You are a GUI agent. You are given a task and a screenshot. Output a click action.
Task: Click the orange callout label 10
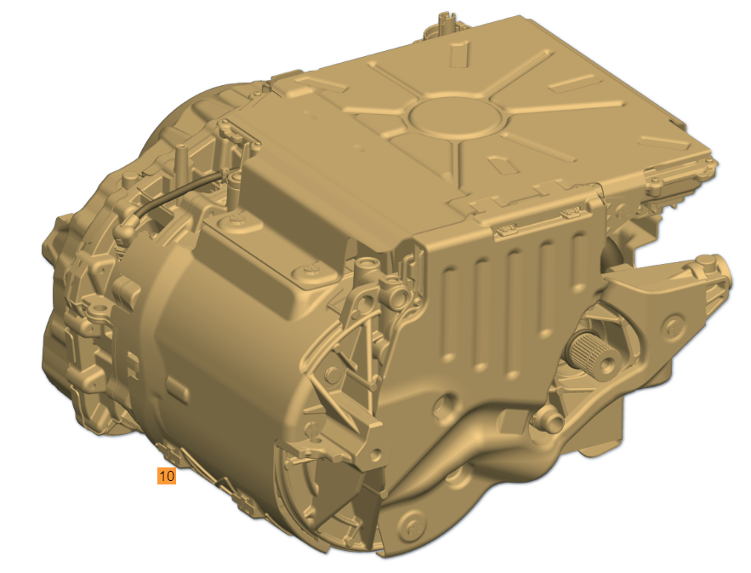[167, 476]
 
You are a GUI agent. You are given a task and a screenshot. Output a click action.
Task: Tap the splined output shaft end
[594, 355]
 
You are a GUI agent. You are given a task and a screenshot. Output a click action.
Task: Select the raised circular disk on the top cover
[454, 117]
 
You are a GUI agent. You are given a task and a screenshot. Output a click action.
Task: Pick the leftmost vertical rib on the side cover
[450, 312]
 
